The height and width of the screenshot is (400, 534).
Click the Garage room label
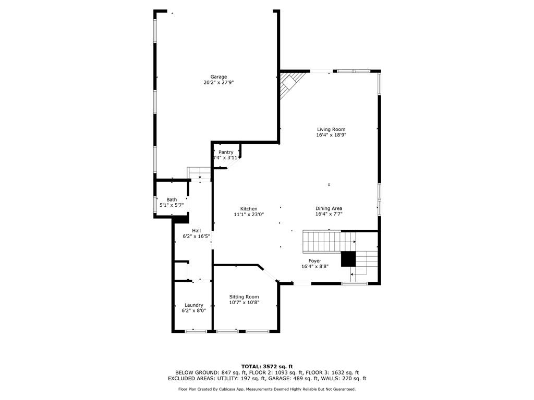[x=219, y=77]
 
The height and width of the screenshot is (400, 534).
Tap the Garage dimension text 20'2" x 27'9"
[x=219, y=82]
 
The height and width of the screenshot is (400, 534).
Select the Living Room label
[x=331, y=129]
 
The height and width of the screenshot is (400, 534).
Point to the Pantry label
[x=226, y=152]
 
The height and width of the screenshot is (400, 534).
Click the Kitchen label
[x=249, y=209]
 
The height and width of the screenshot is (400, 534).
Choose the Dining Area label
[x=329, y=208]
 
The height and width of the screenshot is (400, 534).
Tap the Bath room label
[x=172, y=199]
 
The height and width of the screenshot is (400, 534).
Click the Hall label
[x=196, y=231]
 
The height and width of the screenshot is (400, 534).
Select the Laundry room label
[x=193, y=305]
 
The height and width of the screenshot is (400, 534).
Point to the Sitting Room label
[x=244, y=297]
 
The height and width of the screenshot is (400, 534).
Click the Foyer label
[x=314, y=261]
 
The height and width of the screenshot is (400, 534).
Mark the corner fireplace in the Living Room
[x=289, y=83]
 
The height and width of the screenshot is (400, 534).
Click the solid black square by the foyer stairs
[x=348, y=259]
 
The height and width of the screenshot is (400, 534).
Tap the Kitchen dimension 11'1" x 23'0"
[x=249, y=215]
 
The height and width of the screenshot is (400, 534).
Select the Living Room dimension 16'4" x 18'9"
[x=331, y=135]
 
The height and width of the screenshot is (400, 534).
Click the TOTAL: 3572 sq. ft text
[x=267, y=366]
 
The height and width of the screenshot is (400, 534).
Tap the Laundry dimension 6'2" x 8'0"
[x=193, y=311]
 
